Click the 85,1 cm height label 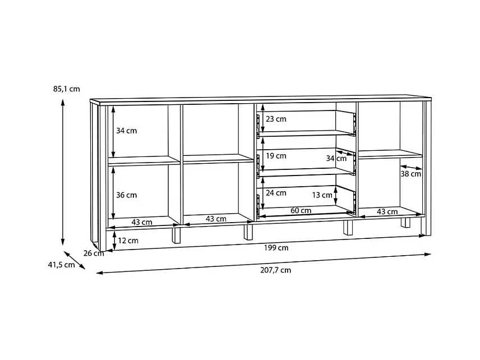point(66,88)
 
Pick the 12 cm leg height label point(128,240)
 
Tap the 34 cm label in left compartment point(126,131)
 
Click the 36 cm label point(126,195)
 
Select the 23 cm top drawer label point(276,119)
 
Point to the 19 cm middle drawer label point(276,156)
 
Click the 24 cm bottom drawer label point(276,193)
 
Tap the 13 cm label point(322,195)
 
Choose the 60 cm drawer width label point(301,211)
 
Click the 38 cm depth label point(410,174)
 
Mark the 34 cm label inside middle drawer point(336,159)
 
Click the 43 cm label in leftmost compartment point(142,221)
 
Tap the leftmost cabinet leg point(177,234)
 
